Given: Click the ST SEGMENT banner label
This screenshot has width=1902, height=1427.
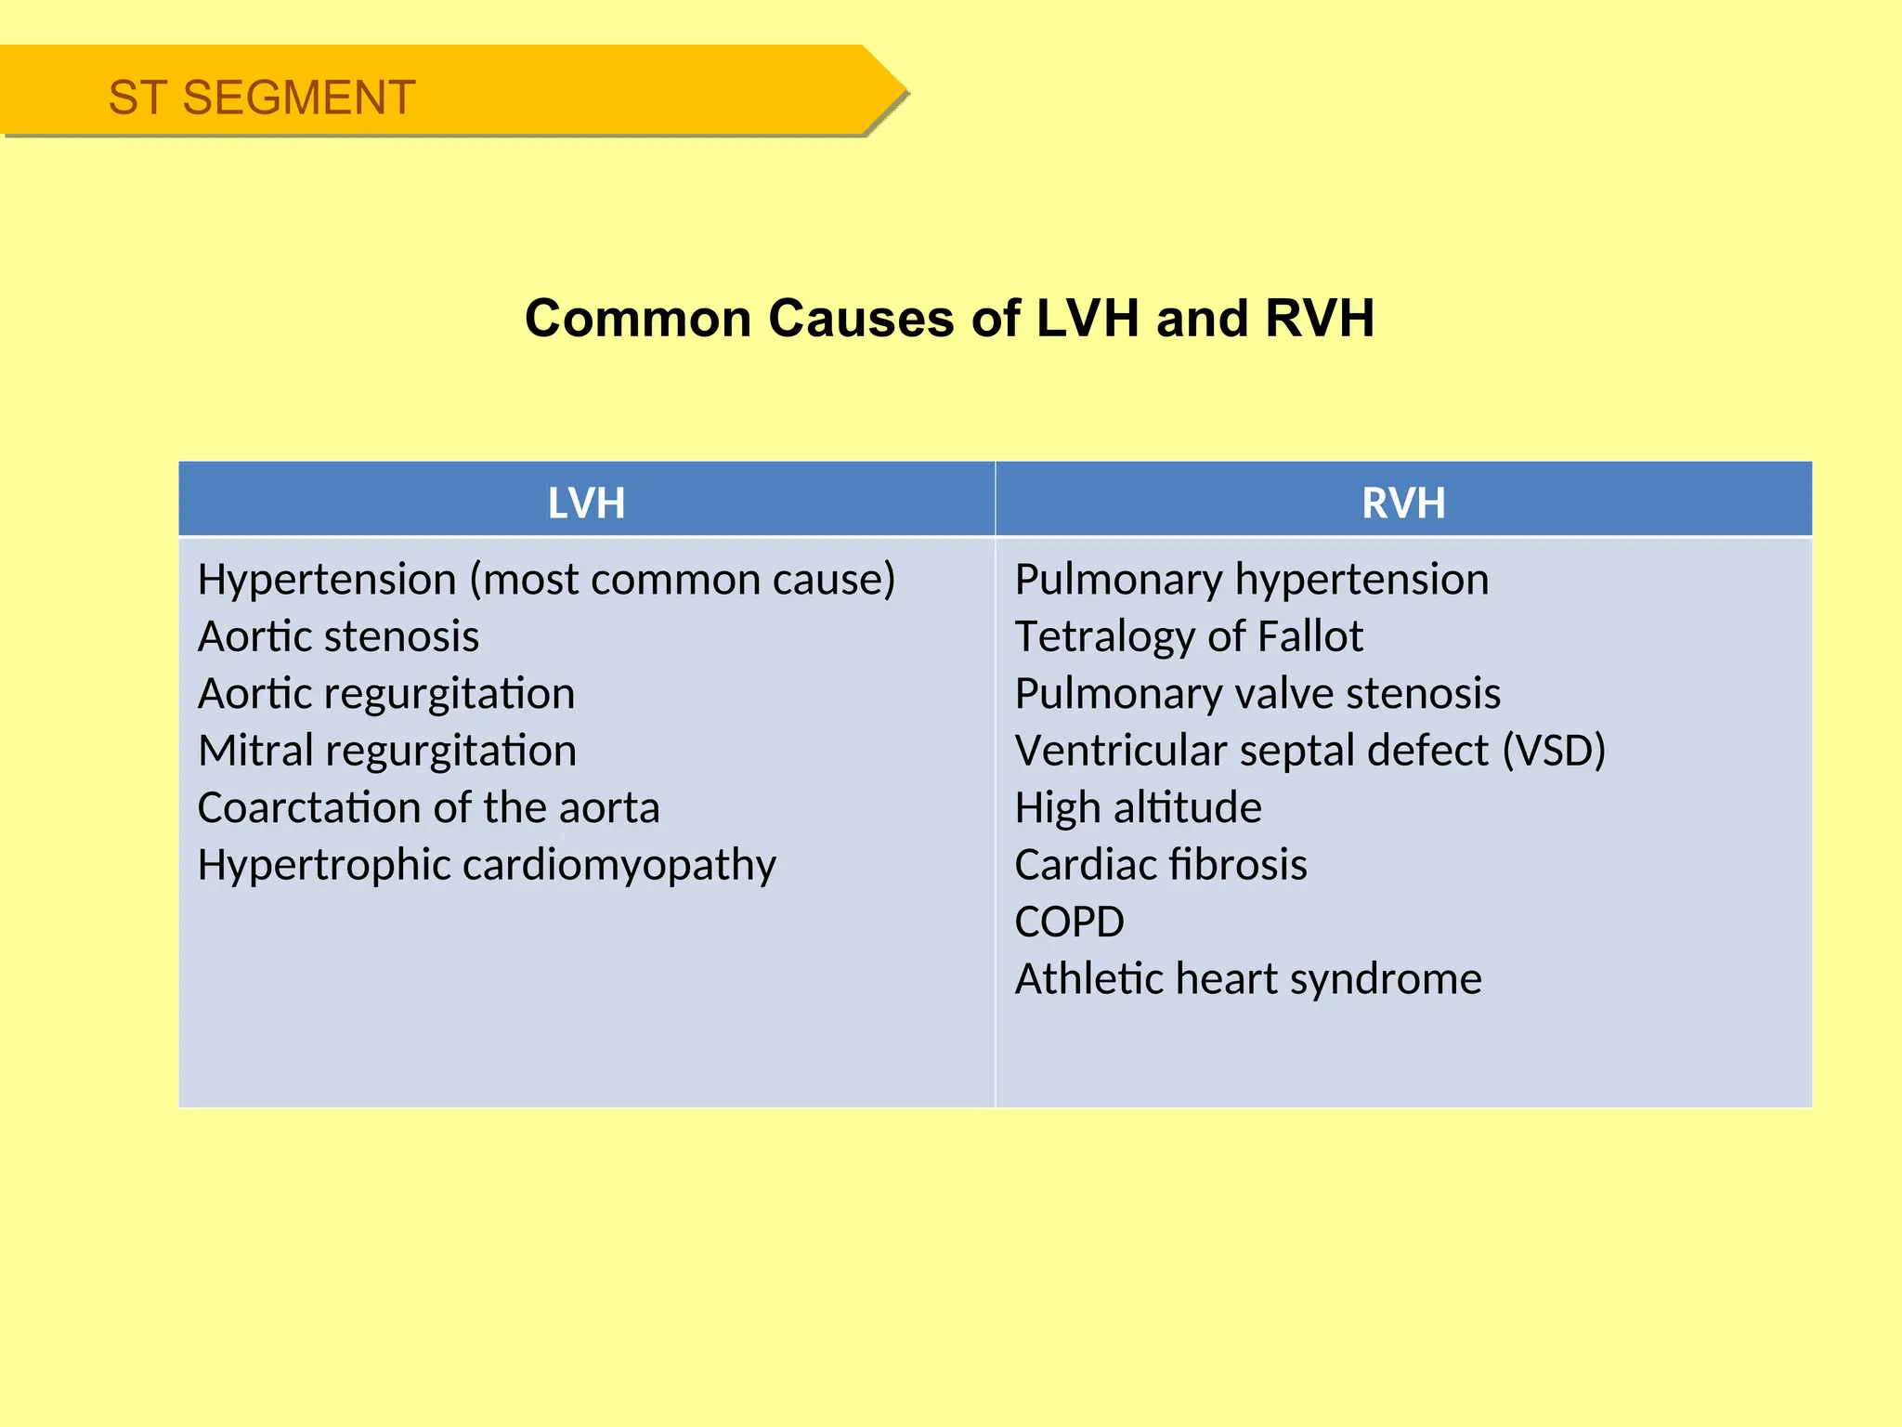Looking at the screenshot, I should (261, 98).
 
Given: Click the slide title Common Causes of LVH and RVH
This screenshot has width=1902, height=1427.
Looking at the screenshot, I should (949, 319).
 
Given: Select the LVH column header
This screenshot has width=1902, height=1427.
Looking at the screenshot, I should (586, 503).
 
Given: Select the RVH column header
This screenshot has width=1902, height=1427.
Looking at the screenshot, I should (1402, 503).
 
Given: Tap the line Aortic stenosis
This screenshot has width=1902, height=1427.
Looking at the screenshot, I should (338, 637).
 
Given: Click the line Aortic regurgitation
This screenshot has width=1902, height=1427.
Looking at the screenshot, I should (386, 694).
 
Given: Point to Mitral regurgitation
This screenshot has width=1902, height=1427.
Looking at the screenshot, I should (387, 751).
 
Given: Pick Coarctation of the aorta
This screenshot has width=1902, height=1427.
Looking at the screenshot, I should (428, 807).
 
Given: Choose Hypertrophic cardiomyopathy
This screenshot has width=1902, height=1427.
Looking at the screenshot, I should (487, 865).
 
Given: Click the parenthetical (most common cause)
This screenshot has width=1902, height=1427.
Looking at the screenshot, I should (683, 580).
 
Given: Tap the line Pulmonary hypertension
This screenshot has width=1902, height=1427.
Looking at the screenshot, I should (1251, 580).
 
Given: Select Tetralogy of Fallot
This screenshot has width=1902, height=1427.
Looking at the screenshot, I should (1189, 637).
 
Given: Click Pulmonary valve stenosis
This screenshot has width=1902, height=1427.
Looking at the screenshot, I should (1257, 694).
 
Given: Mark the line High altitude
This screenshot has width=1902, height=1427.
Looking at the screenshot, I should (1138, 807).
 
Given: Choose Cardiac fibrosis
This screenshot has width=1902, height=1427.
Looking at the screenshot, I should (1161, 865).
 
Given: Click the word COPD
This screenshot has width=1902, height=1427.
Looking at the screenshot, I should (1069, 922).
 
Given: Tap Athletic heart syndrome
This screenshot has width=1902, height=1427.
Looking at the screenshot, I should (1248, 979).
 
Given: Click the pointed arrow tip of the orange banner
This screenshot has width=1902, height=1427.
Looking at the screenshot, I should (897, 91).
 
